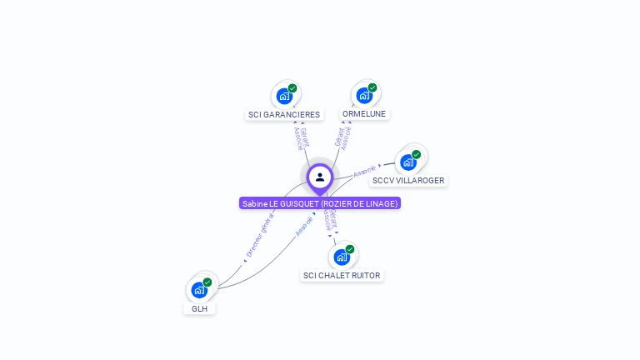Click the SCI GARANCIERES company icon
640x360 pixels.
(x=284, y=96)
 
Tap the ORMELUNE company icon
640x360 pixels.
(x=364, y=95)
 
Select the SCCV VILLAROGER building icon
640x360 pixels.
(x=407, y=162)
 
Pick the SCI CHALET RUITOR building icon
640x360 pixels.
(x=341, y=257)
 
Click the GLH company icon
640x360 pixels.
(x=198, y=290)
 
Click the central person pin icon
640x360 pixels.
(x=320, y=177)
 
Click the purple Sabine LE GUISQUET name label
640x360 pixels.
(x=320, y=203)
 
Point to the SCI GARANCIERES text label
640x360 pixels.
(x=284, y=114)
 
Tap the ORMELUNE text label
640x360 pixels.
(x=364, y=113)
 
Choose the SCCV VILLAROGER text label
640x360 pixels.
(x=408, y=180)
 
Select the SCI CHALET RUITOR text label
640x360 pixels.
(x=342, y=275)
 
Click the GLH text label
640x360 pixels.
(x=199, y=308)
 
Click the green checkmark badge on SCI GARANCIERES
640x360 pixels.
(x=292, y=87)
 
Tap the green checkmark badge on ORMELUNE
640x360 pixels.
(x=372, y=87)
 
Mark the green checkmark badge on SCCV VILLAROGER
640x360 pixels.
(x=416, y=154)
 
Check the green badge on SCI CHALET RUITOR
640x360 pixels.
(x=349, y=249)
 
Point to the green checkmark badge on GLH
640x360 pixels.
(x=207, y=282)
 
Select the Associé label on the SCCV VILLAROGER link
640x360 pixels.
(x=364, y=172)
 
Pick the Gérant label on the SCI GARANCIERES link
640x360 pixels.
(x=305, y=136)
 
